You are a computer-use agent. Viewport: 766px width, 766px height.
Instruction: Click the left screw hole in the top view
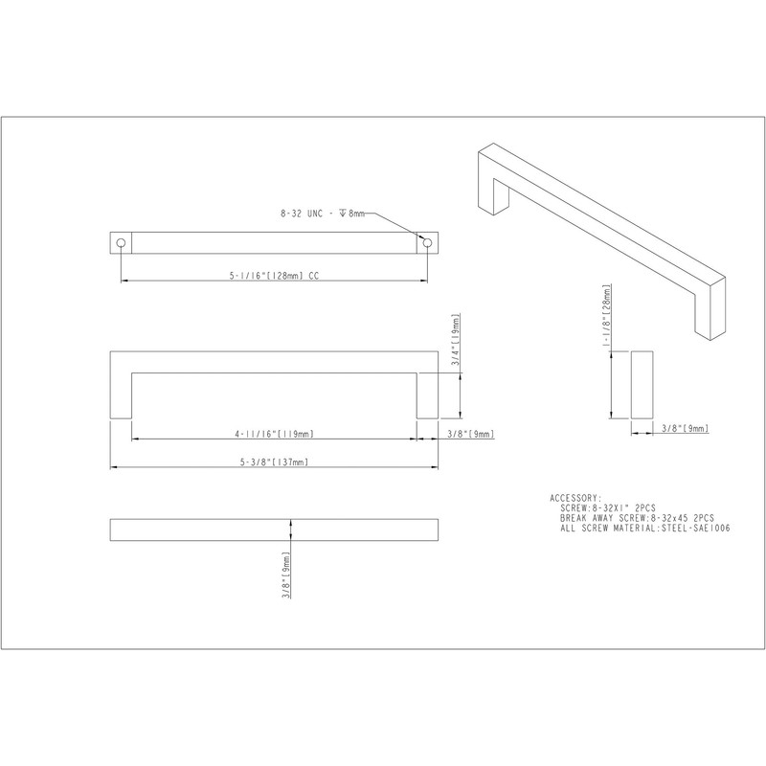(x=121, y=243)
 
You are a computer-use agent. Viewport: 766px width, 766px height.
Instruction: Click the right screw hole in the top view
(x=424, y=243)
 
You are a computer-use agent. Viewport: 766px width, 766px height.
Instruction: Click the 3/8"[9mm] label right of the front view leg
(x=469, y=433)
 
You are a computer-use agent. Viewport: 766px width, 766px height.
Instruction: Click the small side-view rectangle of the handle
(x=642, y=383)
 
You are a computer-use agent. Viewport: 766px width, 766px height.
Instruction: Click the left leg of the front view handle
(x=121, y=383)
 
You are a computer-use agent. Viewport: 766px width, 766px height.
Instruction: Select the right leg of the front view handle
(x=427, y=383)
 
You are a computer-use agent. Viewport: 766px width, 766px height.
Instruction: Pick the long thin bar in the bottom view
(x=275, y=529)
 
